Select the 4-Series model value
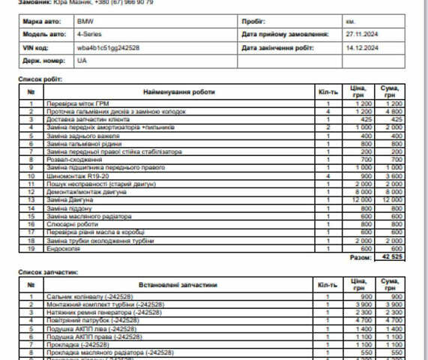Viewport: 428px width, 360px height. [89, 34]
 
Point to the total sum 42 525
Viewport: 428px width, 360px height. [392, 256]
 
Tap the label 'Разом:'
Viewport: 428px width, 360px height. [361, 256]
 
